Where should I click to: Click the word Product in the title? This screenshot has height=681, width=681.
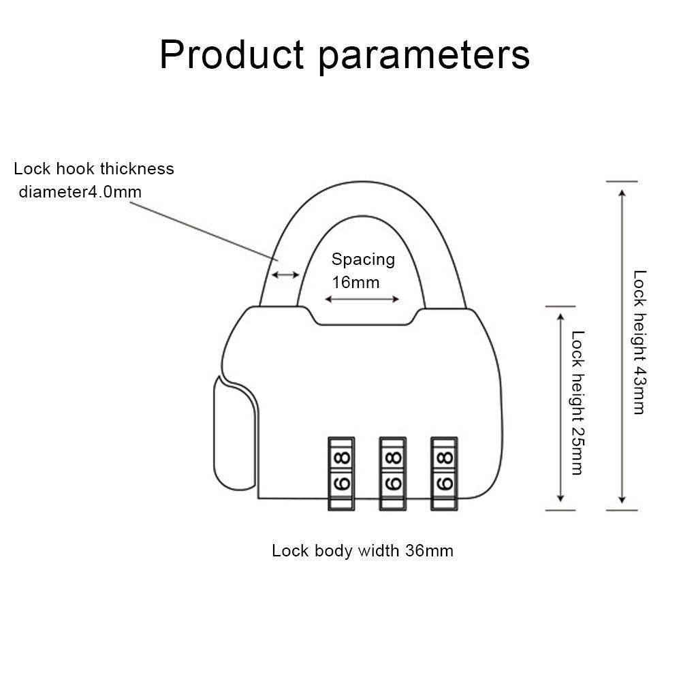pos(232,56)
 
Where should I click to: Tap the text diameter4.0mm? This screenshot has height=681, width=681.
pos(80,191)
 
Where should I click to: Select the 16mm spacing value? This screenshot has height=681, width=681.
pos(355,282)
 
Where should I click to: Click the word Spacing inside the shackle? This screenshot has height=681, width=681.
pos(363,259)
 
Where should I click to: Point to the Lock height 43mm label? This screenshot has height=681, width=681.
pos(639,342)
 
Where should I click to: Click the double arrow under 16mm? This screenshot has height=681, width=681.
pos(362,300)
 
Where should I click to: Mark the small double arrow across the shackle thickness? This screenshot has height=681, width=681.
pos(285,275)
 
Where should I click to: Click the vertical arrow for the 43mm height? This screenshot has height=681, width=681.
pos(621,346)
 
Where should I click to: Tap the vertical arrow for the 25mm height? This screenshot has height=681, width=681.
pos(560,408)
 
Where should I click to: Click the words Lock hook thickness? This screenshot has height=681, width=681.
pos(94,168)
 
